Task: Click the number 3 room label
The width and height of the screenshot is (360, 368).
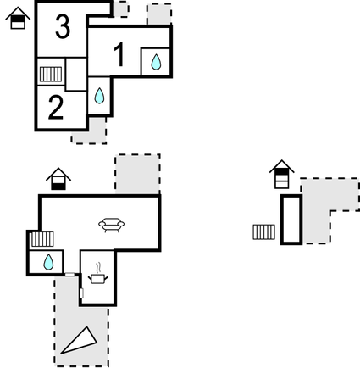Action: pyautogui.click(x=63, y=26)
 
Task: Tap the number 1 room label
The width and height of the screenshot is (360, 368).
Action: pyautogui.click(x=119, y=54)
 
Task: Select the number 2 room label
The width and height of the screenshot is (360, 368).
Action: pyautogui.click(x=56, y=107)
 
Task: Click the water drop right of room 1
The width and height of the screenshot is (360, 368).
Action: pyautogui.click(x=156, y=62)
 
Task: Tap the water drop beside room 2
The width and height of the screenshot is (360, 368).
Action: pyautogui.click(x=99, y=96)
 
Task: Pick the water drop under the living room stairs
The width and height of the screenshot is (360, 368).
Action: pyautogui.click(x=48, y=262)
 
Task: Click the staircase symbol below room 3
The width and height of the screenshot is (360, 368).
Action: pyautogui.click(x=51, y=74)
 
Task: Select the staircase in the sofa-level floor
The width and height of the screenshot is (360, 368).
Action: pyautogui.click(x=42, y=239)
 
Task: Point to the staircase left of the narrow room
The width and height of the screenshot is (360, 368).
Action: pyautogui.click(x=264, y=231)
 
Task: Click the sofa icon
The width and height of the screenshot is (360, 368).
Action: pyautogui.click(x=111, y=225)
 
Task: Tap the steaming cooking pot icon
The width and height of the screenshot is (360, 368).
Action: pyautogui.click(x=97, y=274)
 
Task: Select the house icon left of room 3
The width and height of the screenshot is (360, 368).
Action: pyautogui.click(x=18, y=18)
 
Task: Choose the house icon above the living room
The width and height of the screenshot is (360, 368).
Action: pyautogui.click(x=58, y=179)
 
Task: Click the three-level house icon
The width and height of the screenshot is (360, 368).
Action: pyautogui.click(x=282, y=175)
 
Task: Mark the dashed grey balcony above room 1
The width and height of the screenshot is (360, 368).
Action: pyautogui.click(x=159, y=14)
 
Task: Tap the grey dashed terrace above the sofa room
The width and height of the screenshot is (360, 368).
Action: pyautogui.click(x=137, y=174)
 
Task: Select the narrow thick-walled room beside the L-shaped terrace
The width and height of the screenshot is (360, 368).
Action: pyautogui.click(x=291, y=220)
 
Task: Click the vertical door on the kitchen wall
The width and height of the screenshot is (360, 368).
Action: pyautogui.click(x=81, y=293)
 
